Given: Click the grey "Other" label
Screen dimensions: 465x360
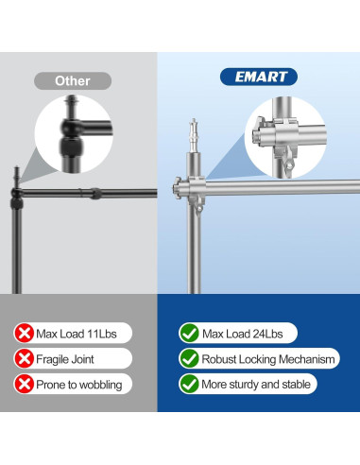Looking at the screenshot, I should coord(73,80).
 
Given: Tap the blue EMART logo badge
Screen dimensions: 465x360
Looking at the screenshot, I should coord(258,77).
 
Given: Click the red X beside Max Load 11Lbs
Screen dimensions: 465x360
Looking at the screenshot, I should coord(24,333).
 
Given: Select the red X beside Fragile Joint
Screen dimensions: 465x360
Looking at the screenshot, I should coord(24,358).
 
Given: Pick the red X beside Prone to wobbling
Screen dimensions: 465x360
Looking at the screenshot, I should coord(24,384).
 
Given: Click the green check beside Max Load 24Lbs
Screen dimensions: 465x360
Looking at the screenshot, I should coord(189,333).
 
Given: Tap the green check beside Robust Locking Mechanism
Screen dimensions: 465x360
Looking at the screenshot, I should coord(189,358).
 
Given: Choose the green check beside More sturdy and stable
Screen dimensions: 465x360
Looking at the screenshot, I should coord(189,384).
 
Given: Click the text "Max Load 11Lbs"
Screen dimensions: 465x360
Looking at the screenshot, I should coord(80,333).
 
